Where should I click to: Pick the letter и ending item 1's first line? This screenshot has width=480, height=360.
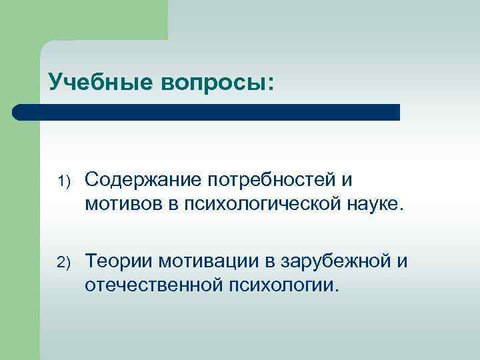point(348,181)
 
